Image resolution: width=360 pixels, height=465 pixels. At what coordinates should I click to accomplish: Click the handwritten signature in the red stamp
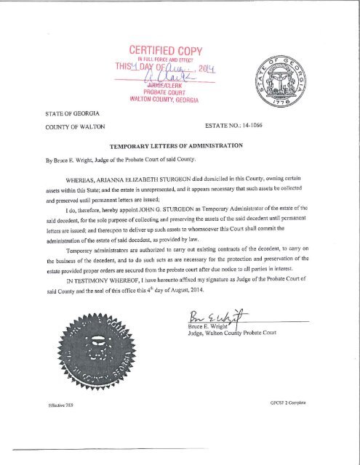coord(171,64)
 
